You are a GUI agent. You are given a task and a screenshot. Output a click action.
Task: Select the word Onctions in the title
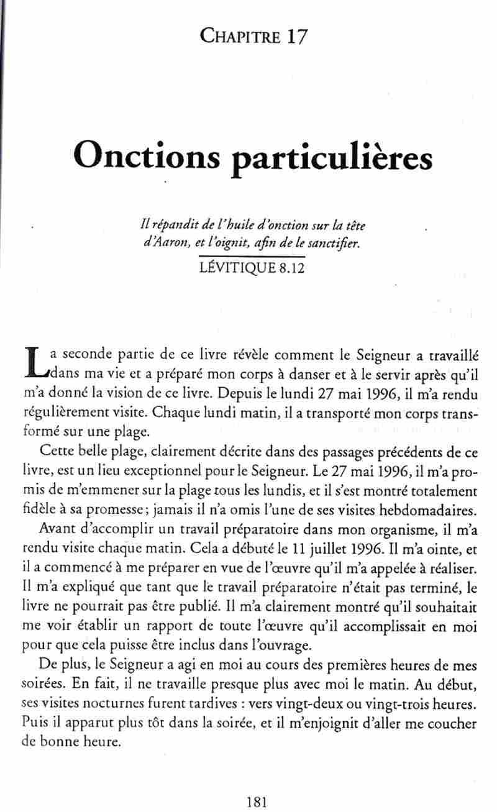(146, 156)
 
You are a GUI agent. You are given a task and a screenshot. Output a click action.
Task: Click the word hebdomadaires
(424, 511)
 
